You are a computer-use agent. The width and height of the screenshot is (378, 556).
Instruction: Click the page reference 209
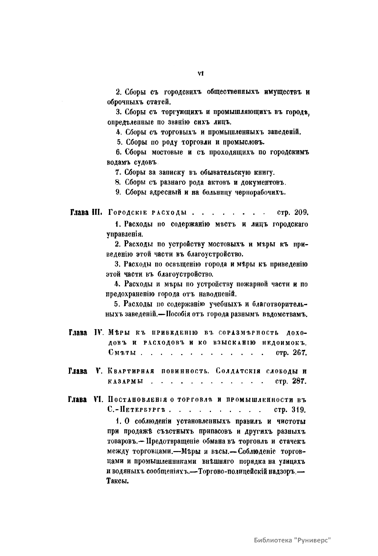pos(301,213)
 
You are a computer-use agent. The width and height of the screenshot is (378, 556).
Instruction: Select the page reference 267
pos(300,353)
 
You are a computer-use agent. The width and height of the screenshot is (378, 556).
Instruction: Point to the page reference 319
pos(299,410)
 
